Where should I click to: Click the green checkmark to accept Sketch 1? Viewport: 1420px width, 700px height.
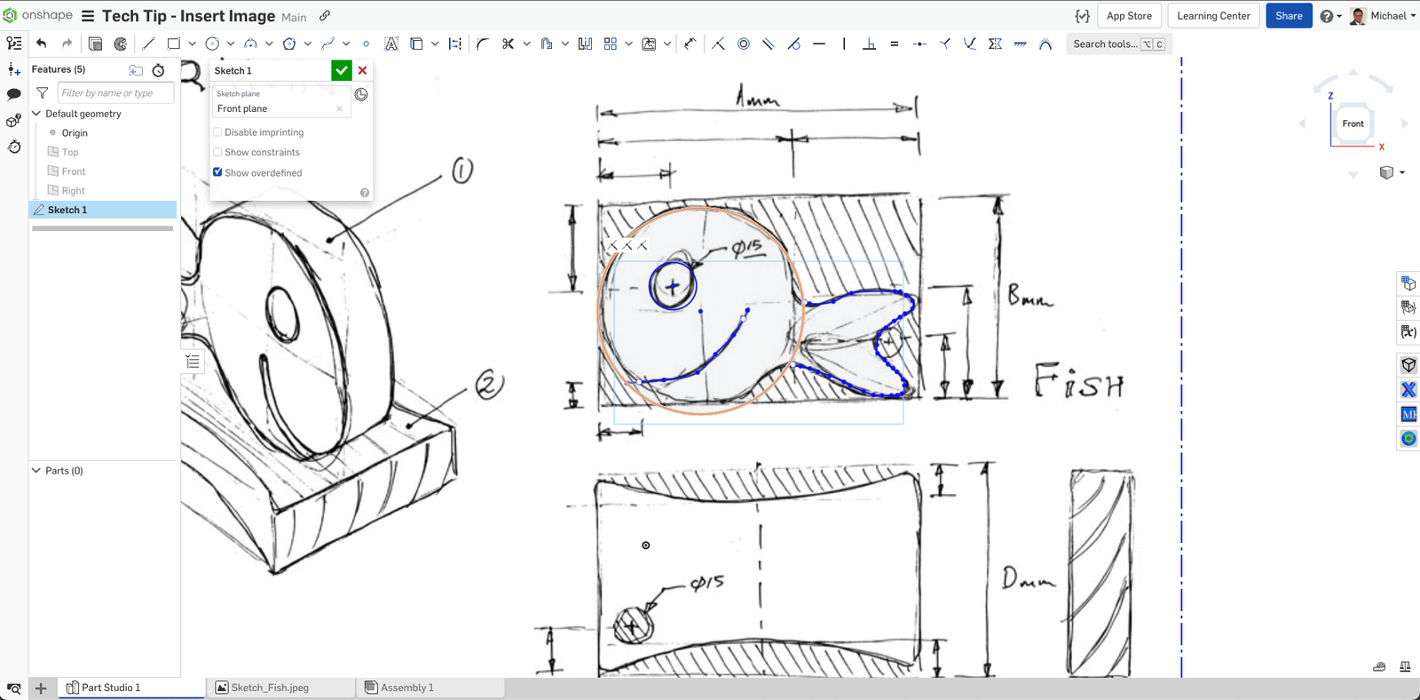coord(342,70)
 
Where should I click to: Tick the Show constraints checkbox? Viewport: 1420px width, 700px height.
coord(217,152)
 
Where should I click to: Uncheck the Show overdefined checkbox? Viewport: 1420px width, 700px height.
coord(217,172)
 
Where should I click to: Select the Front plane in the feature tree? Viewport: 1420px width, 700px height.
coord(74,171)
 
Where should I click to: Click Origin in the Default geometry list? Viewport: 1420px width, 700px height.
coord(75,133)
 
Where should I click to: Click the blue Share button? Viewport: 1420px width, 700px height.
coord(1289,16)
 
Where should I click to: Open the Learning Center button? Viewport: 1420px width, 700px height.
coord(1213,16)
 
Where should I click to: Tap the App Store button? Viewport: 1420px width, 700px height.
coord(1129,16)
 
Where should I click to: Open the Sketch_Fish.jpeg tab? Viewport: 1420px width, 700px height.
coord(270,688)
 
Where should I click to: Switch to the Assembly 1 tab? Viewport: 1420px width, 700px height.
coord(407,688)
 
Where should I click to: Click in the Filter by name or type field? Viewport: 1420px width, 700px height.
coord(115,93)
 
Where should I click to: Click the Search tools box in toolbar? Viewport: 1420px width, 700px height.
coord(1105,44)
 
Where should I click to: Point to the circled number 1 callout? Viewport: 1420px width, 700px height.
coord(462,170)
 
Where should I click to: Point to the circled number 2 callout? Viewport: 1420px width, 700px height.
coord(489,385)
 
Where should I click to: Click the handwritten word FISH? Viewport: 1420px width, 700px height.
coord(1079,381)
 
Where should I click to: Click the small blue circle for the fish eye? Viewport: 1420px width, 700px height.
coord(673,285)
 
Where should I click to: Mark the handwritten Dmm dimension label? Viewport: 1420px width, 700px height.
coord(1029,580)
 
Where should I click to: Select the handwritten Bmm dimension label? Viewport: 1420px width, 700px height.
coord(1029,296)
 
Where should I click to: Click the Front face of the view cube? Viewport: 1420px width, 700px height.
coord(1353,123)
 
